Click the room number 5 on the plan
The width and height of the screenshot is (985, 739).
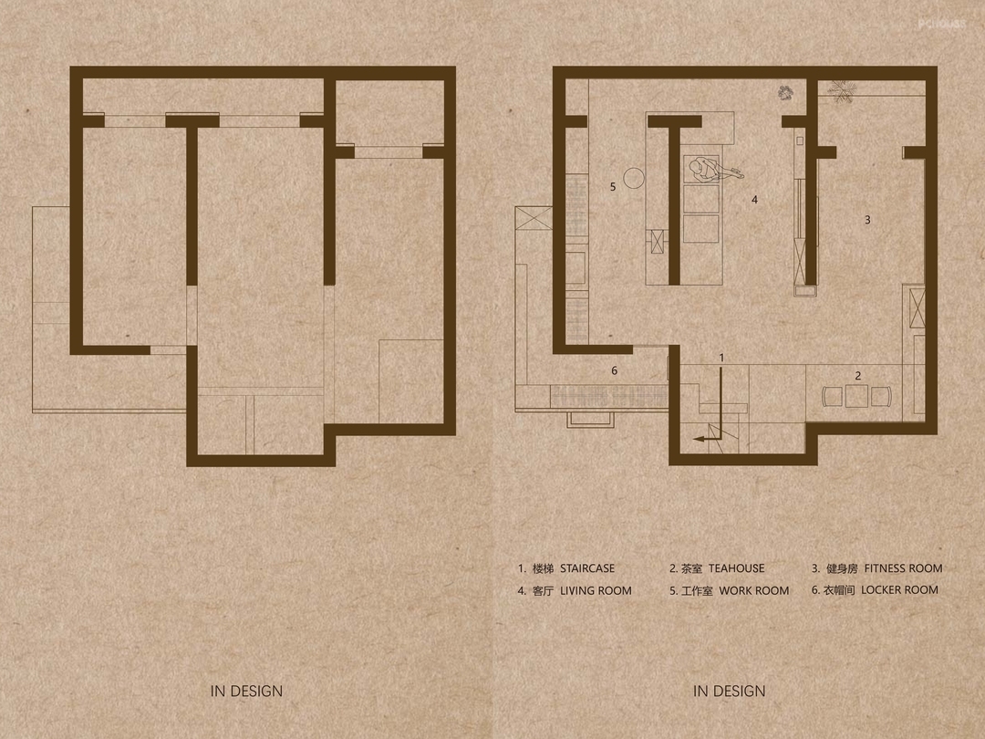tap(613, 187)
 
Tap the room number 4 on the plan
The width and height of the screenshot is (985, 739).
tap(754, 199)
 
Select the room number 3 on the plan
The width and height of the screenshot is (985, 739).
tap(867, 220)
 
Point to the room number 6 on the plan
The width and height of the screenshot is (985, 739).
tap(615, 370)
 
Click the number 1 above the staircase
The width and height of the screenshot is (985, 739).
tap(721, 358)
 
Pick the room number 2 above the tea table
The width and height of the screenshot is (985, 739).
tap(858, 376)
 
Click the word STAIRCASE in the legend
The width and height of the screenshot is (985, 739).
tap(587, 568)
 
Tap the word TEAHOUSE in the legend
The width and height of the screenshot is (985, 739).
tap(737, 568)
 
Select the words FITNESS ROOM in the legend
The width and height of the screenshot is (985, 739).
tap(903, 568)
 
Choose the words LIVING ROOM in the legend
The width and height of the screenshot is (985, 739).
tap(596, 590)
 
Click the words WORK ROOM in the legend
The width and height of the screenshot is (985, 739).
tap(754, 590)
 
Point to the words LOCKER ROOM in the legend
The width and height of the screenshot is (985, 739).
tap(899, 590)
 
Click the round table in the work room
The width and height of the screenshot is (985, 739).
tap(634, 178)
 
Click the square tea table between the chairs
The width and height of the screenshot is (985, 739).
tap(856, 397)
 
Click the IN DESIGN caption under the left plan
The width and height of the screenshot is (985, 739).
tap(246, 692)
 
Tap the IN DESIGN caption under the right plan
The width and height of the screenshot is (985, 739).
tap(730, 692)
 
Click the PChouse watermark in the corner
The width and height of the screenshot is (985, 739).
tap(941, 24)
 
